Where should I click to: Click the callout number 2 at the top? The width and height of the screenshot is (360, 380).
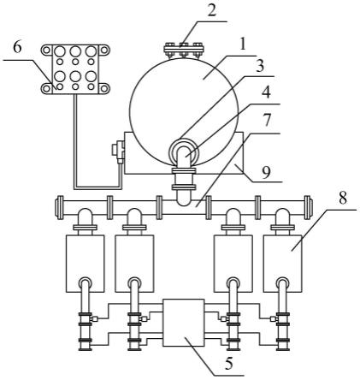(x=211, y=10)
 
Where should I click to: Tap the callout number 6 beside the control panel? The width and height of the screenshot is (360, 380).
(x=17, y=48)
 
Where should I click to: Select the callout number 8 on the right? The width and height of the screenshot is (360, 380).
(x=343, y=198)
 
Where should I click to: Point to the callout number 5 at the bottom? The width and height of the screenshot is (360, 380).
(x=229, y=364)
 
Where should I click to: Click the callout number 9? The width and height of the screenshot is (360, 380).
(x=266, y=173)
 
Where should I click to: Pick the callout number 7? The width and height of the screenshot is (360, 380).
(x=267, y=121)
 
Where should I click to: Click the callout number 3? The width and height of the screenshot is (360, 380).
(x=259, y=66)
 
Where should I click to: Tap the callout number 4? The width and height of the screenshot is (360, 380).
(x=266, y=92)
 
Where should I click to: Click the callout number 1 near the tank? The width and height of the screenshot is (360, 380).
(x=242, y=45)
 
